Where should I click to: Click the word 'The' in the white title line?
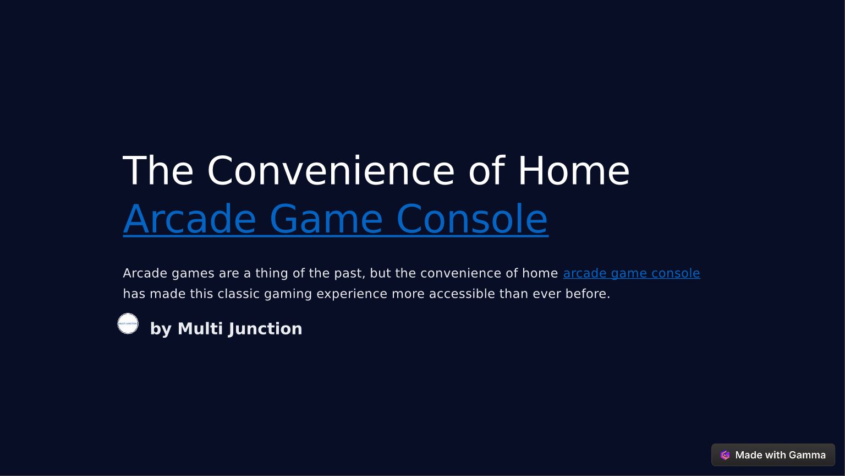(x=158, y=170)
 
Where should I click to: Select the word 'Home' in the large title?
(x=574, y=170)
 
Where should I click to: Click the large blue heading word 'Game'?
(x=326, y=219)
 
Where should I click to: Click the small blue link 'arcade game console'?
(x=632, y=273)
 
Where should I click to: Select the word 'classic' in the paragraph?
(x=238, y=294)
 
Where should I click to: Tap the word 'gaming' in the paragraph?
(x=288, y=294)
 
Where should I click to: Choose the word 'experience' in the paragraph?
(x=352, y=294)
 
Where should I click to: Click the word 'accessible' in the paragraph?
(x=462, y=294)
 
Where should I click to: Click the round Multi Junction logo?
(x=128, y=323)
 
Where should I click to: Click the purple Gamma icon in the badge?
(x=725, y=455)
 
